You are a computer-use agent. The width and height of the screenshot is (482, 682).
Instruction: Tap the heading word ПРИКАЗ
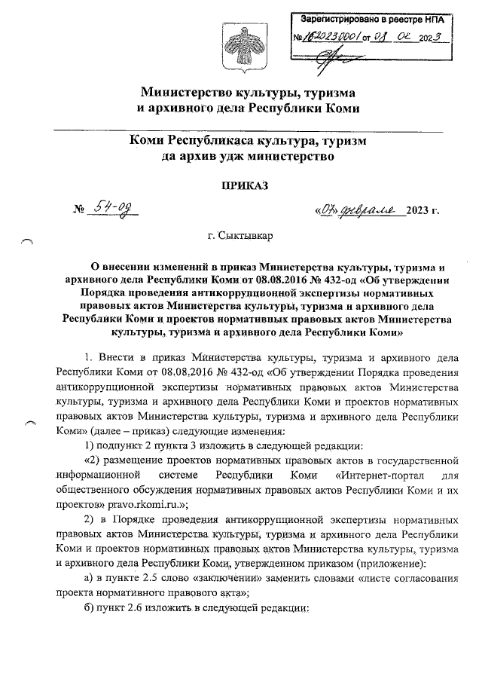pyautogui.click(x=240, y=185)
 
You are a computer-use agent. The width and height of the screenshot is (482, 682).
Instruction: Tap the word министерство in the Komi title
pyautogui.click(x=292, y=157)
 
